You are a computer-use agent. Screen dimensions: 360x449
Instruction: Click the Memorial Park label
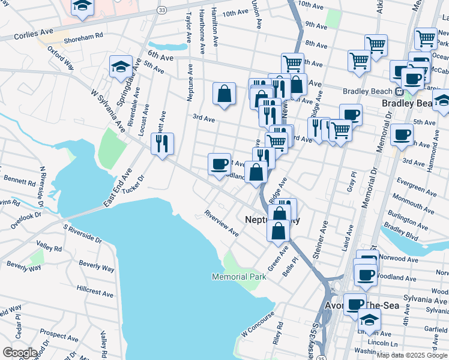[x=238, y=277]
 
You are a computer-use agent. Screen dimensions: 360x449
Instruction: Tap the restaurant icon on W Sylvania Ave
[x=162, y=143]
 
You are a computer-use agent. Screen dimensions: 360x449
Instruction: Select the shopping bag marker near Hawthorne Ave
[x=224, y=94]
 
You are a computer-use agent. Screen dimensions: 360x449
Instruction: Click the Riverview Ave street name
[x=221, y=223]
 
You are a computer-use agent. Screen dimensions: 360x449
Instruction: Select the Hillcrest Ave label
[x=95, y=292]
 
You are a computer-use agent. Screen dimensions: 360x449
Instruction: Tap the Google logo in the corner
[x=19, y=353]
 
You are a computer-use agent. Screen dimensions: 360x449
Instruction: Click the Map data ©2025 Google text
[x=412, y=355]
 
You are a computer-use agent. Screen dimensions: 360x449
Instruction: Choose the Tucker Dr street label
[x=134, y=184]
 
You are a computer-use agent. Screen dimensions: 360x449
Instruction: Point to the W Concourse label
[x=258, y=323]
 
